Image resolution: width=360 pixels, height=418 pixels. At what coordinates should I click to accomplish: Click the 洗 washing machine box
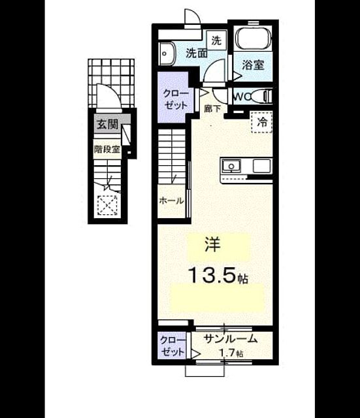click(216, 40)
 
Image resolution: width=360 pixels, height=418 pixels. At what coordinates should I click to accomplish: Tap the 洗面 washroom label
click(197, 54)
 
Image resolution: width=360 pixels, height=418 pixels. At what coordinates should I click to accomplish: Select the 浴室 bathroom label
click(253, 65)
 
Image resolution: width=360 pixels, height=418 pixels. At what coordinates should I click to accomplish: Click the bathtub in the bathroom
click(253, 39)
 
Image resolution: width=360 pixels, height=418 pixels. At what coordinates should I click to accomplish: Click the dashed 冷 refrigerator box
click(261, 122)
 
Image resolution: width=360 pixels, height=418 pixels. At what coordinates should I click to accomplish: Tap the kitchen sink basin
click(231, 167)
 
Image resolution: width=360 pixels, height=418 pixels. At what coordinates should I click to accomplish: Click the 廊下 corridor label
click(212, 108)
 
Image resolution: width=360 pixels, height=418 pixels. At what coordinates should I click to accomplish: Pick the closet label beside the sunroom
click(172, 346)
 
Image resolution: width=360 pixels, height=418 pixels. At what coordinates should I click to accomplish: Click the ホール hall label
click(171, 201)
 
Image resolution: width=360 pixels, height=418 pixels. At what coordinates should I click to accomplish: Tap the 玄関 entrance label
click(107, 124)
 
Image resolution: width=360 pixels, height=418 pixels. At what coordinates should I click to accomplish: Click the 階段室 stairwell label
click(107, 150)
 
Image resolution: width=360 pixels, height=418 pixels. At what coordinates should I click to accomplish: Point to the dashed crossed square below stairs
click(107, 205)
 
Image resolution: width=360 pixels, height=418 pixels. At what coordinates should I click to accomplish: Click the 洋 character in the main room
click(212, 244)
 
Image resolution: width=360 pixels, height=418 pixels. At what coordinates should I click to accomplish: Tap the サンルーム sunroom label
click(231, 338)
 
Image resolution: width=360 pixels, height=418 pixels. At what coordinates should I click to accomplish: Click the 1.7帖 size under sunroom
click(231, 353)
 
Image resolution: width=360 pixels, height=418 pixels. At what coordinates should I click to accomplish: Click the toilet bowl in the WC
click(261, 96)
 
